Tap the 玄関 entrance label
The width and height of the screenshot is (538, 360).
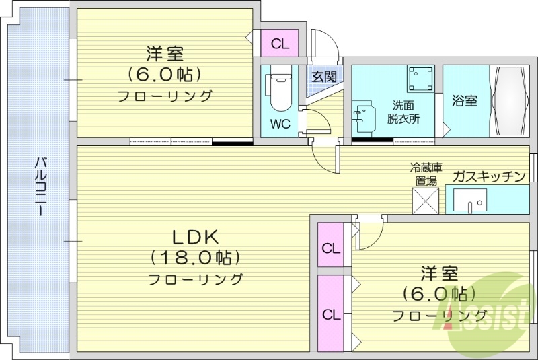coord(323,77)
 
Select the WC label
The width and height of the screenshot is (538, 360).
coord(280,124)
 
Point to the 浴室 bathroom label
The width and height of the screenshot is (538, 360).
coord(465,101)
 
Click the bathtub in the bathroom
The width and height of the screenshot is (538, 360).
coord(510,101)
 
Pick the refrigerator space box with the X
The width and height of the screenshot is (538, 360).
coord(426,200)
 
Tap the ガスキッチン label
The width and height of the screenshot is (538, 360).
coord(489,177)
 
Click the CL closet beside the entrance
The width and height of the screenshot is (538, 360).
coord(280,44)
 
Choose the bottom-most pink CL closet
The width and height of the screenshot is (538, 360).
coord(330,314)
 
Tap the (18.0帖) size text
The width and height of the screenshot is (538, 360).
coord(195,256)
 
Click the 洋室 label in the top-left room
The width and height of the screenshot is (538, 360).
coord(165,52)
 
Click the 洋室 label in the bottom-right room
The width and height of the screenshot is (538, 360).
coord(440,274)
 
